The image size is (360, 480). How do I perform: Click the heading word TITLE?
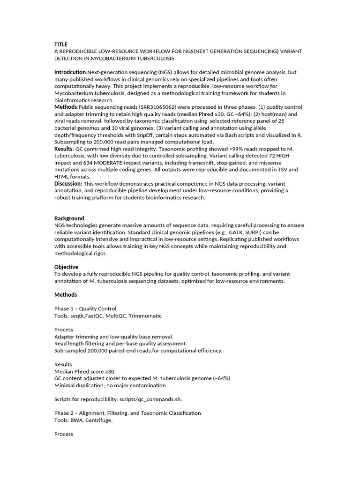[61, 45]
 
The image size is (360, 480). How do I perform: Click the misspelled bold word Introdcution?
[70, 72]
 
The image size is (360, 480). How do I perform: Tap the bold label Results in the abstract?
[64, 149]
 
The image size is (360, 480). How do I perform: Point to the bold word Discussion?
[69, 183]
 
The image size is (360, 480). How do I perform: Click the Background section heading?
[69, 218]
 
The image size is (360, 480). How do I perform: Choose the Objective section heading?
[66, 267]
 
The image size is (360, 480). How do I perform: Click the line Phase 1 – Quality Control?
[85, 309]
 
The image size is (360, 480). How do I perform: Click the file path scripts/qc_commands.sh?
[151, 399]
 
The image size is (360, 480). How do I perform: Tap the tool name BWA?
[77, 420]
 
